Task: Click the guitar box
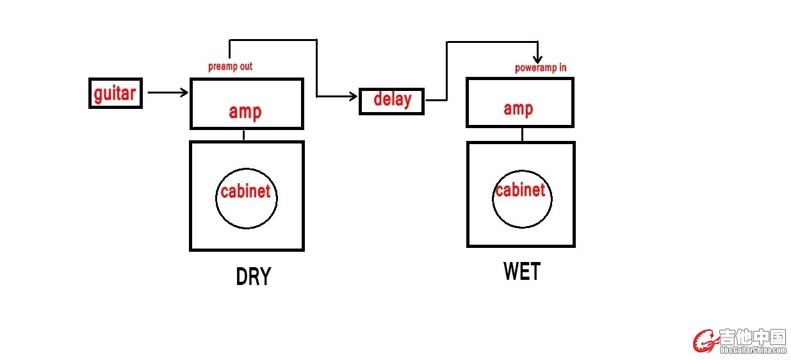point(115,94)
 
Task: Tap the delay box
point(391,101)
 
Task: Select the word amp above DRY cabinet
point(245,111)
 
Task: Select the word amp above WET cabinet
point(518,108)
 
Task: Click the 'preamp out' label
point(231,67)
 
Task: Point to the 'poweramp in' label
point(541,68)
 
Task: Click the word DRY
point(254,277)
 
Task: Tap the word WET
point(522,272)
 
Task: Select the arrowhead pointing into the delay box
point(354,97)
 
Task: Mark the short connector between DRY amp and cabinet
point(244,135)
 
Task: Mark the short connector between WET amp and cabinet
point(522,135)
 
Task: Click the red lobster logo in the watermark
point(705,341)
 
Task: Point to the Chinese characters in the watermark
point(753,337)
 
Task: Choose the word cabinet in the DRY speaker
point(245,191)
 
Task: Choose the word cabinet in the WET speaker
point(520,190)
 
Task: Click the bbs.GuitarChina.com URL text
point(753,350)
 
